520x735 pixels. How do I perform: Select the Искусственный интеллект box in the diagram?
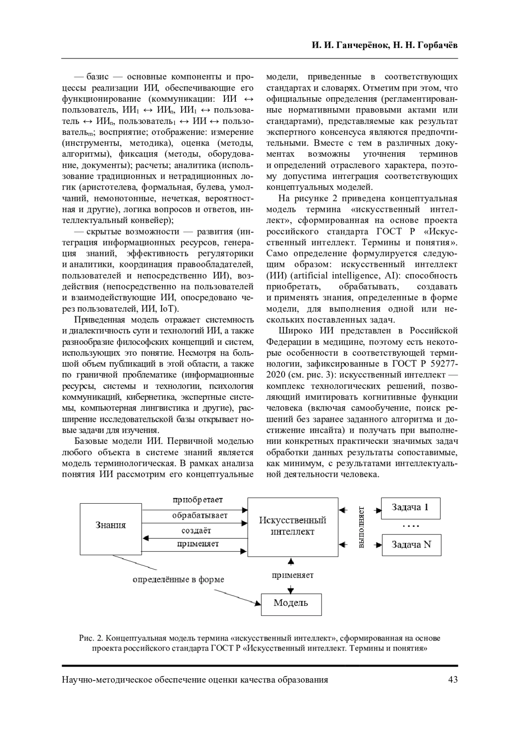292,526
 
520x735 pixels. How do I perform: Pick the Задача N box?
411,545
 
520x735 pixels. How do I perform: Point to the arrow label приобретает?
197,500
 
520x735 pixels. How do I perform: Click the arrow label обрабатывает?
200,515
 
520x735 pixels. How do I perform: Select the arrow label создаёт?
197,530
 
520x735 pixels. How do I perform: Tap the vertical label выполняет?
360,527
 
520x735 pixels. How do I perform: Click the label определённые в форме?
178,580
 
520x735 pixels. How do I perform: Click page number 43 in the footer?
452,680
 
